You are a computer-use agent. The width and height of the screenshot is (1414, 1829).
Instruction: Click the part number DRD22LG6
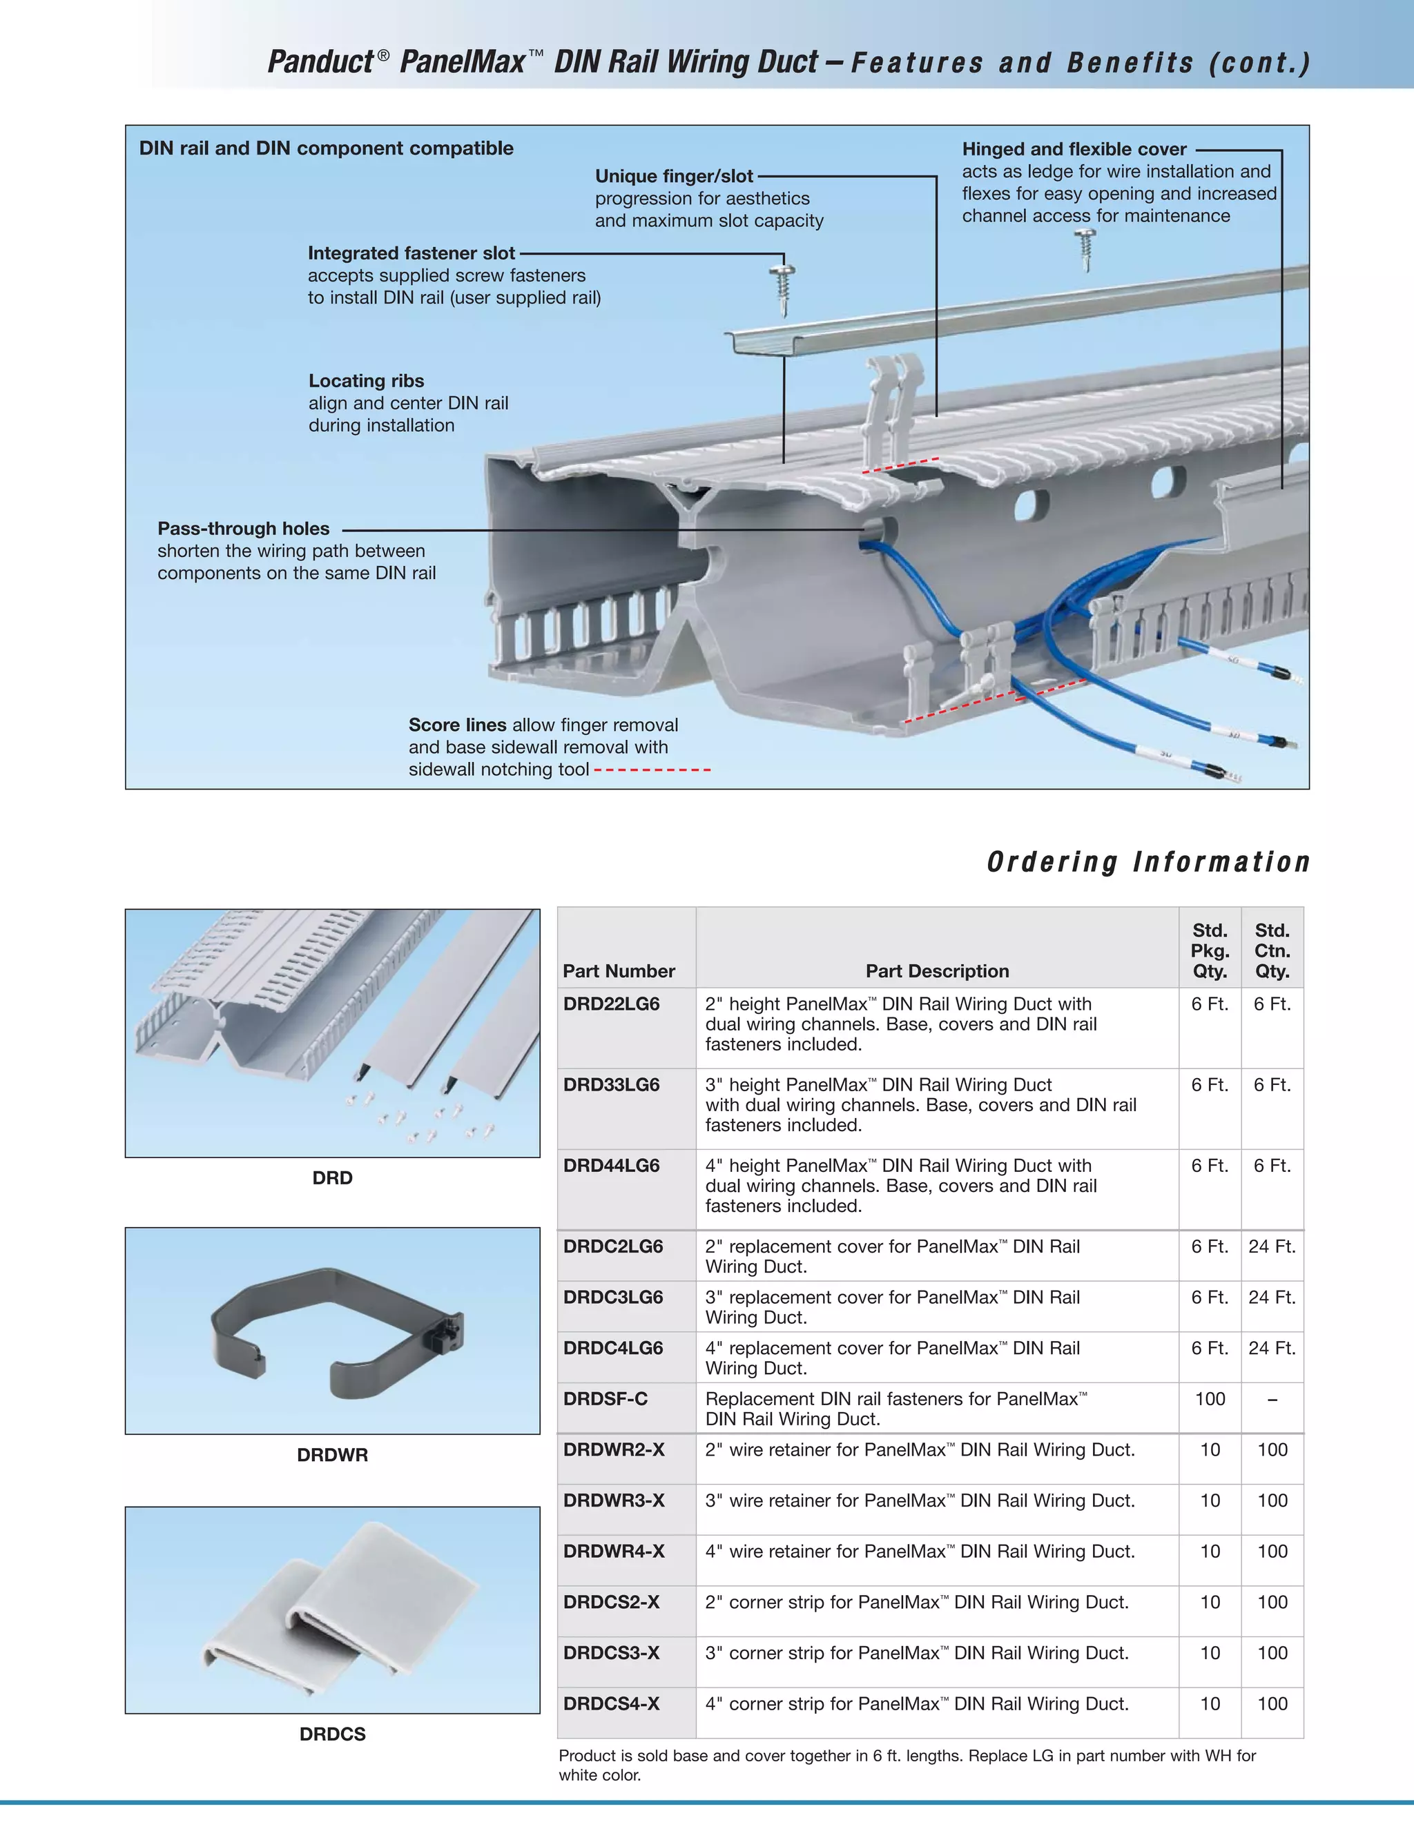coord(612,1004)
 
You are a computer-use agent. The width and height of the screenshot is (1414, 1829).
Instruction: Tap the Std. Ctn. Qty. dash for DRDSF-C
coord(1272,1400)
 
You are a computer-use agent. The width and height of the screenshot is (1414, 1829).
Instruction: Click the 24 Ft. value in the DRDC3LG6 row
coord(1272,1298)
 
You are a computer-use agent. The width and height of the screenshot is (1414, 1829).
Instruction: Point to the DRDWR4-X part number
coord(614,1551)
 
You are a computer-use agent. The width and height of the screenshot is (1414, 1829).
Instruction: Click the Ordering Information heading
coord(1147,862)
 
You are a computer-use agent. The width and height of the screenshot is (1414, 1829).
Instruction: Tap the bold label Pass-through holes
coord(244,529)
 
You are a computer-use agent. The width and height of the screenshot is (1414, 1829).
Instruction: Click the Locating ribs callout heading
coord(366,381)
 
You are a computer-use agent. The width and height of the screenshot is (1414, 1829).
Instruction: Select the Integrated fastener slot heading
coord(411,253)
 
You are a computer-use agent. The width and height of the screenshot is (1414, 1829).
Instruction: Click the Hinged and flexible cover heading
coord(1074,149)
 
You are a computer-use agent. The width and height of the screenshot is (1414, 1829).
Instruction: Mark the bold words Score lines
coord(457,725)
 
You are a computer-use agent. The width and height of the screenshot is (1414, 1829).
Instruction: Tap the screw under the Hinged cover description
coord(1087,250)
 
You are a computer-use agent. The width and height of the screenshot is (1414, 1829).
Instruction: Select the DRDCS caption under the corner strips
coord(333,1734)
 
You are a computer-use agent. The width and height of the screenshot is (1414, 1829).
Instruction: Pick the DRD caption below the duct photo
coord(333,1177)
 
